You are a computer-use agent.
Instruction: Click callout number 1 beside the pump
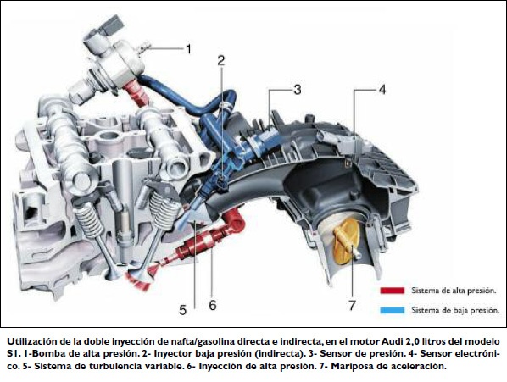point(188,49)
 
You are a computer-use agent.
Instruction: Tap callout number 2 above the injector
point(221,60)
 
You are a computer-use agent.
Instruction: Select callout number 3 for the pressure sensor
point(297,90)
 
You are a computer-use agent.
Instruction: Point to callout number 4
point(382,90)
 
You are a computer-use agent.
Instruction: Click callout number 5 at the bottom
point(182,310)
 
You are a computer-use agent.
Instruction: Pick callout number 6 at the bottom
point(213,305)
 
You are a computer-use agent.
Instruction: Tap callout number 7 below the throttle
point(352,305)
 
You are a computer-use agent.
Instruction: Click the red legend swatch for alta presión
point(393,291)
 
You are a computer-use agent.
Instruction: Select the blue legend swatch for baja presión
point(393,310)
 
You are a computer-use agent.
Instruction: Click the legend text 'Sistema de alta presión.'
point(454,291)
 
